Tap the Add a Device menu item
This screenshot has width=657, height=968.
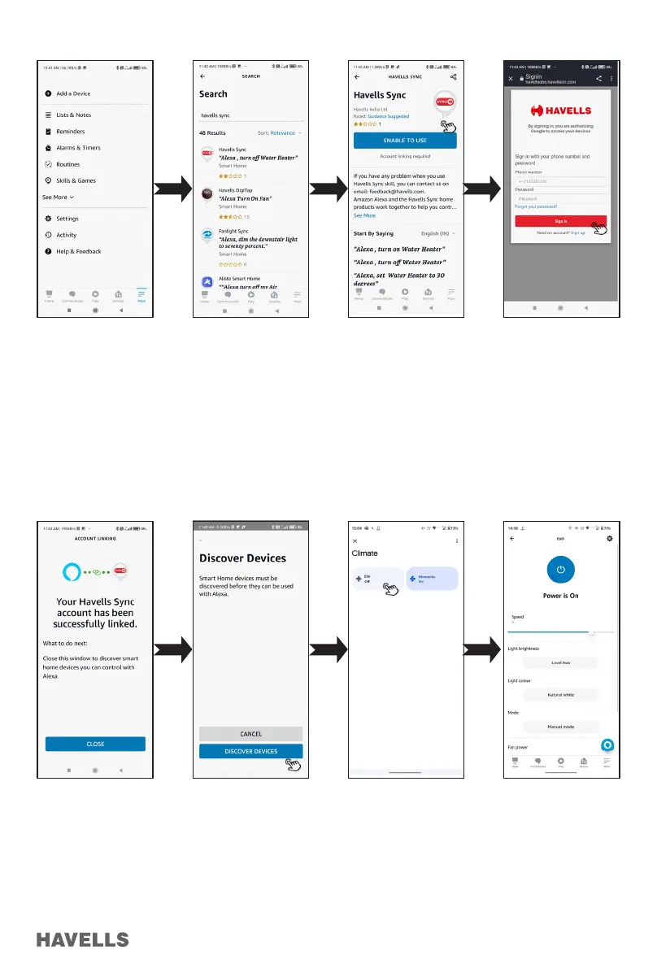click(x=73, y=93)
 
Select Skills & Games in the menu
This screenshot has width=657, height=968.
click(x=76, y=180)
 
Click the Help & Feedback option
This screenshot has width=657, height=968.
click(x=78, y=251)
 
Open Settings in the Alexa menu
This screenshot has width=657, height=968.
click(x=67, y=219)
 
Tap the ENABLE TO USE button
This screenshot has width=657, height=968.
click(x=405, y=141)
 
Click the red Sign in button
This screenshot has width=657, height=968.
click(x=560, y=220)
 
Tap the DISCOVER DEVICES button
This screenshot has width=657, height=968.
click(x=250, y=751)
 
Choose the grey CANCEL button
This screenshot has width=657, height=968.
click(x=250, y=734)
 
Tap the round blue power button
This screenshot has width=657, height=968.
click(x=559, y=570)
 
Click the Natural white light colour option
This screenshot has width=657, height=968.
click(x=560, y=695)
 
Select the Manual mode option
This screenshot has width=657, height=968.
click(x=560, y=727)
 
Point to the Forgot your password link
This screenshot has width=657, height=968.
click(x=536, y=206)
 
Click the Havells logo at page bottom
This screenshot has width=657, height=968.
click(x=82, y=939)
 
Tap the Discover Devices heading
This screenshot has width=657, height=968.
click(x=242, y=558)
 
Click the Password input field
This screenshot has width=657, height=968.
click(x=560, y=198)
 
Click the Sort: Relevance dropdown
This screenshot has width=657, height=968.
click(x=279, y=132)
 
